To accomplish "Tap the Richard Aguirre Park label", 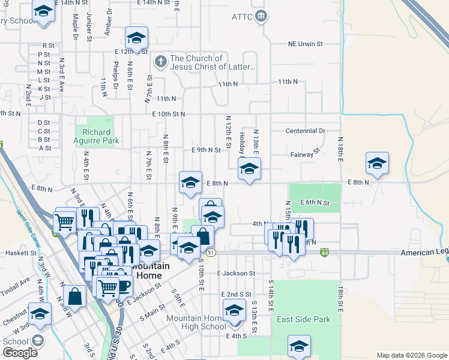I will tap(97, 137).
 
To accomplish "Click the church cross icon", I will tap(160, 62).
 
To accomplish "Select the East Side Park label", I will tap(304, 319).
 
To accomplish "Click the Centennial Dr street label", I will tap(305, 131).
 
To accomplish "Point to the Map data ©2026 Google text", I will tap(412, 355).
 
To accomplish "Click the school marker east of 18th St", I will tap(377, 164).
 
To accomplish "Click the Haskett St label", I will tap(20, 253).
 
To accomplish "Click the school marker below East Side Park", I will tap(299, 346).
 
